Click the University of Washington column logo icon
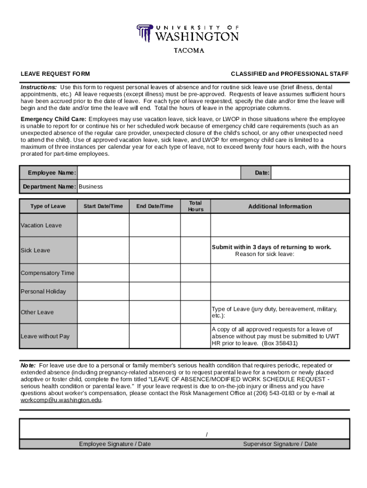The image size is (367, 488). pyautogui.click(x=144, y=33)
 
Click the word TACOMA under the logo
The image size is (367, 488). pyautogui.click(x=188, y=51)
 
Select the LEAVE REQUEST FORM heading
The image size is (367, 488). pyautogui.click(x=55, y=74)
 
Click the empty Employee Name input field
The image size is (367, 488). pyautogui.click(x=159, y=173)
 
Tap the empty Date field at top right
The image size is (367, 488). pyautogui.click(x=310, y=173)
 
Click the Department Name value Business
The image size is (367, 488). pyautogui.click(x=91, y=186)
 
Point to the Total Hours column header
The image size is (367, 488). pyautogui.click(x=195, y=206)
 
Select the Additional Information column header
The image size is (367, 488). pyautogui.click(x=280, y=206)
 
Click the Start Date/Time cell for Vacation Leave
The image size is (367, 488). pyautogui.click(x=103, y=225)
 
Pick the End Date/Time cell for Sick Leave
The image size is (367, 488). pyautogui.click(x=154, y=250)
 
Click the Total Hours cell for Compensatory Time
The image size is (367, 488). pyautogui.click(x=195, y=273)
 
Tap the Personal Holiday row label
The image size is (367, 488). pyautogui.click(x=43, y=292)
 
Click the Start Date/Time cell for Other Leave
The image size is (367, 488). pyautogui.click(x=103, y=312)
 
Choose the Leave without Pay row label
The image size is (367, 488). pyautogui.click(x=45, y=336)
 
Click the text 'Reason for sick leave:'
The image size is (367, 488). pyautogui.click(x=265, y=254)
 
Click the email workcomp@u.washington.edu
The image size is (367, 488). pyautogui.click(x=61, y=400)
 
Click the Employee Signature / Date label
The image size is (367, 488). pyautogui.click(x=115, y=444)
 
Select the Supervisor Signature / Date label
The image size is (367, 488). pyautogui.click(x=280, y=444)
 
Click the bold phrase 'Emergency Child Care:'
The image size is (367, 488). pyautogui.click(x=53, y=119)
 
